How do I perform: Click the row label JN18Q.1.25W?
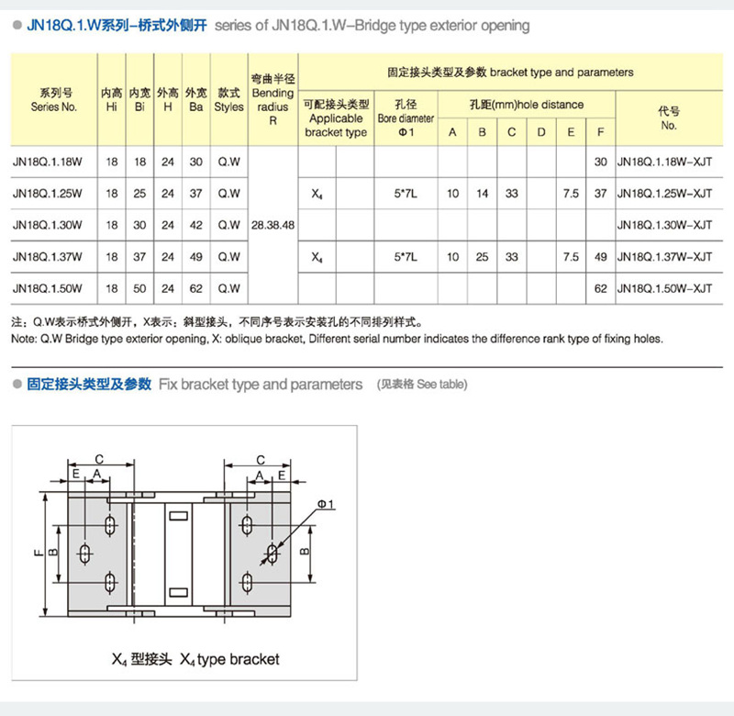click(x=49, y=194)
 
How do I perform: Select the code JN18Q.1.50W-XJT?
click(x=664, y=288)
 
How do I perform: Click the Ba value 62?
click(x=195, y=288)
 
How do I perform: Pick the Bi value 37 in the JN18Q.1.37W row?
click(x=139, y=257)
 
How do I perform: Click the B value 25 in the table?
click(x=482, y=257)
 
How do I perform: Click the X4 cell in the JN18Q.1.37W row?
click(x=317, y=258)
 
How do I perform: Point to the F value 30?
click(x=601, y=162)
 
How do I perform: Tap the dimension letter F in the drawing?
click(x=38, y=554)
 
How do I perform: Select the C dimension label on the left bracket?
click(x=99, y=458)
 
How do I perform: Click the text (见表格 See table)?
click(x=422, y=385)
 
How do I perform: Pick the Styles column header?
click(x=228, y=100)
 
